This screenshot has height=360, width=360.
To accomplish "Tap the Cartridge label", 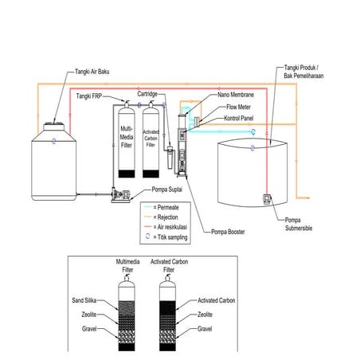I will coord(148,94).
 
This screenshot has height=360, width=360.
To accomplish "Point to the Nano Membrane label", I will coord(237,94).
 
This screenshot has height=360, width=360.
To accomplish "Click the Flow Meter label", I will coord(240,107).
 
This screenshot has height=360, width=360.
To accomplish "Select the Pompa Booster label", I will coord(228,233).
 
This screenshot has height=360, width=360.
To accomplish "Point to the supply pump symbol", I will coord(122,193).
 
